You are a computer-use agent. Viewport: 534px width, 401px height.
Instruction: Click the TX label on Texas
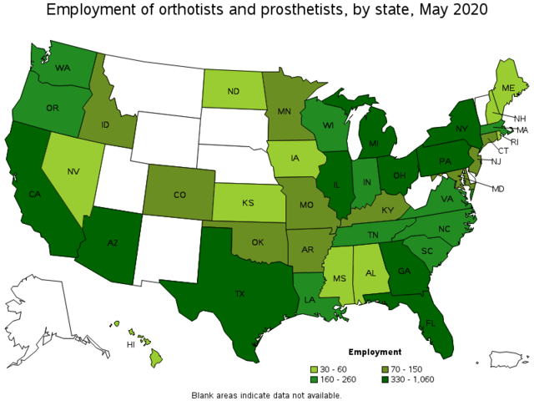(x=239, y=294)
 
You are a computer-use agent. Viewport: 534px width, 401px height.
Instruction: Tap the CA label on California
(x=35, y=195)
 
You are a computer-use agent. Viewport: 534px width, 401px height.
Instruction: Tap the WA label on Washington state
(x=63, y=69)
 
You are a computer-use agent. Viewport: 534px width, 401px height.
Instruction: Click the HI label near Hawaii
(x=130, y=343)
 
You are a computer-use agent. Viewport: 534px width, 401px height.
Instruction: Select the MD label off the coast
(x=497, y=189)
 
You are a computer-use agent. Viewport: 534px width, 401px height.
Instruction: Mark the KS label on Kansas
(x=248, y=204)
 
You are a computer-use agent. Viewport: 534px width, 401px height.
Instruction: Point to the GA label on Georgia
(x=404, y=271)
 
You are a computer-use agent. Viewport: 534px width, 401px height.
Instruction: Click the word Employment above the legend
(x=375, y=352)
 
